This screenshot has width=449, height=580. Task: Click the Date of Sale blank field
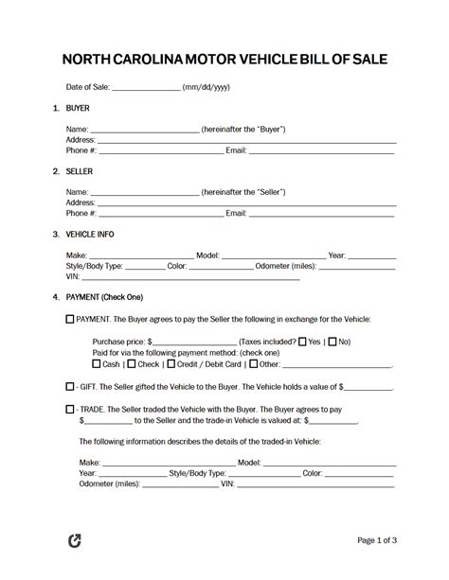point(146,87)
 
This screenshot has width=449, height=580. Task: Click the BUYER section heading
point(78,108)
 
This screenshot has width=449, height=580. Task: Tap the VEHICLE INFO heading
point(91,234)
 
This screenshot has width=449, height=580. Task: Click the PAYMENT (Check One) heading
point(104,297)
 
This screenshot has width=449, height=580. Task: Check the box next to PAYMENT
point(69,320)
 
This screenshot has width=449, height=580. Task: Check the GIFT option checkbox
point(69,387)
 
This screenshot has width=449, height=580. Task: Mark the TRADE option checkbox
point(69,409)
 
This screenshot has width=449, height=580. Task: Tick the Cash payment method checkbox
point(97,363)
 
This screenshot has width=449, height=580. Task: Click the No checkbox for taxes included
point(332,342)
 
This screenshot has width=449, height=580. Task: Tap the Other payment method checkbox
point(253,363)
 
